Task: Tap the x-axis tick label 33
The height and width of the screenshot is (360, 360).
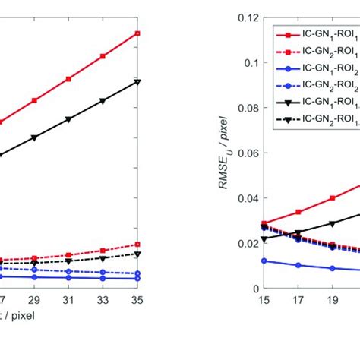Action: click(103, 300)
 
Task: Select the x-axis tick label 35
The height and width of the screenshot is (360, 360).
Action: click(137, 300)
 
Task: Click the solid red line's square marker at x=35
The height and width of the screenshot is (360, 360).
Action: click(137, 33)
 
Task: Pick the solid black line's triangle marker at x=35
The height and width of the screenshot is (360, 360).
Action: click(137, 81)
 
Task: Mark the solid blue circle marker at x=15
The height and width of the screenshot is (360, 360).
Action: click(264, 261)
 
